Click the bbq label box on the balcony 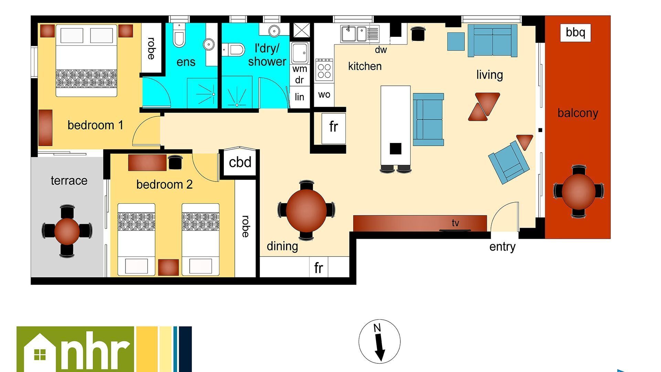point(575,33)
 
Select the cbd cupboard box point(240,162)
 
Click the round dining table point(306,210)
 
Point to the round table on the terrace point(67,231)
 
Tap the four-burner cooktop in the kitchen point(324,70)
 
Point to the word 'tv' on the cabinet point(455,223)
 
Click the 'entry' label point(502,247)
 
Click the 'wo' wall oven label point(324,95)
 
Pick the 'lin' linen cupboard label point(299,97)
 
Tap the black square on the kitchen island point(396,148)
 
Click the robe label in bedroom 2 point(245,226)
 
